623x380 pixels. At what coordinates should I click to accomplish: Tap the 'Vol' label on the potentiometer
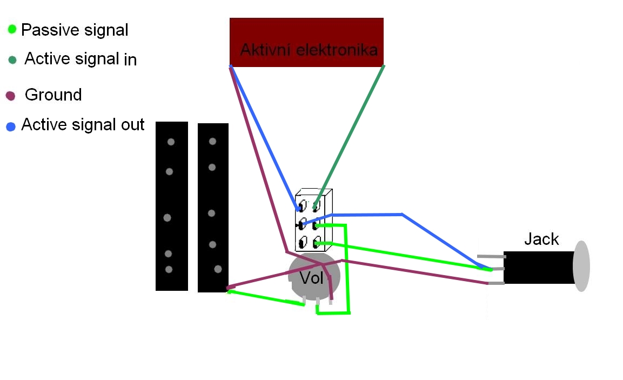pyautogui.click(x=311, y=278)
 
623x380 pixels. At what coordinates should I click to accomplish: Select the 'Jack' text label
pyautogui.click(x=541, y=239)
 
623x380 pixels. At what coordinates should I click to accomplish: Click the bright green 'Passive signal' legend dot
pyautogui.click(x=12, y=29)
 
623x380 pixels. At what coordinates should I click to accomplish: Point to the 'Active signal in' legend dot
pyautogui.click(x=12, y=59)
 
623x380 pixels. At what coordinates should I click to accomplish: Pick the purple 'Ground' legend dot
pyautogui.click(x=10, y=96)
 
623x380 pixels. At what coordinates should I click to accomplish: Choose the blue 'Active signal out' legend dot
pyautogui.click(x=11, y=127)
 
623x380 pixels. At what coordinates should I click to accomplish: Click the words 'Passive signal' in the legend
pyautogui.click(x=75, y=30)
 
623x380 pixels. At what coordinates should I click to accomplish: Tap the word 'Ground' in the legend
pyautogui.click(x=53, y=95)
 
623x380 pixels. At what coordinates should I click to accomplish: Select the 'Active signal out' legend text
pyautogui.click(x=83, y=125)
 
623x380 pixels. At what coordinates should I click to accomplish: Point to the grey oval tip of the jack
pyautogui.click(x=581, y=266)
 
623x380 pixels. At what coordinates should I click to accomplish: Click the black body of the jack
pyautogui.click(x=538, y=267)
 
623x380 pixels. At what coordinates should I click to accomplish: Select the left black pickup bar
pyautogui.click(x=171, y=206)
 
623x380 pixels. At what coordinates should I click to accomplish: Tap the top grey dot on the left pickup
pyautogui.click(x=171, y=142)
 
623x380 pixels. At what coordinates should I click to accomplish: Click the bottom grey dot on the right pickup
pyautogui.click(x=218, y=269)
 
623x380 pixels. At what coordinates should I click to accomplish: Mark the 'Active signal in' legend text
pyautogui.click(x=81, y=59)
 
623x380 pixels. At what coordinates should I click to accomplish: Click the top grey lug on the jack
pyautogui.click(x=491, y=257)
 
